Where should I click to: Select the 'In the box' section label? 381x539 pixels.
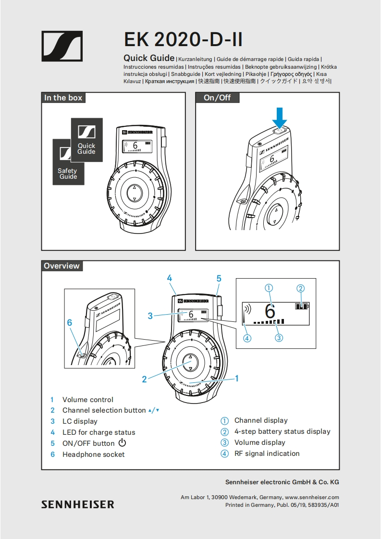click(63, 98)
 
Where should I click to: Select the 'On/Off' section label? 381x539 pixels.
click(217, 98)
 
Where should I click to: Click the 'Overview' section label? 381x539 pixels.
click(61, 266)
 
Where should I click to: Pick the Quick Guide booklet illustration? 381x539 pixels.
click(86, 140)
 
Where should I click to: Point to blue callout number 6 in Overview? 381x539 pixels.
click(70, 323)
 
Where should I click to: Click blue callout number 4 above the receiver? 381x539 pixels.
click(170, 278)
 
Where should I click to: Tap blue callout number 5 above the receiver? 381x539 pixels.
click(219, 278)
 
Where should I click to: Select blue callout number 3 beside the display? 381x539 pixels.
click(150, 316)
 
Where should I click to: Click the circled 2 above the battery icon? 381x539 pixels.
click(300, 289)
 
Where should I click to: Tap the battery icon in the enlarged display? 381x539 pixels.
click(302, 306)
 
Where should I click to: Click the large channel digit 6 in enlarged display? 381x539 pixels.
click(270, 311)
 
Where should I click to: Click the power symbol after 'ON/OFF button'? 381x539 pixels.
click(122, 443)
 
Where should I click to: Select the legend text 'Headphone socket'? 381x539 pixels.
click(93, 454)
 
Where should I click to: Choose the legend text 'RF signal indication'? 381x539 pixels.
click(267, 453)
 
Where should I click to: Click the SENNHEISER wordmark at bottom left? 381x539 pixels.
click(78, 504)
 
